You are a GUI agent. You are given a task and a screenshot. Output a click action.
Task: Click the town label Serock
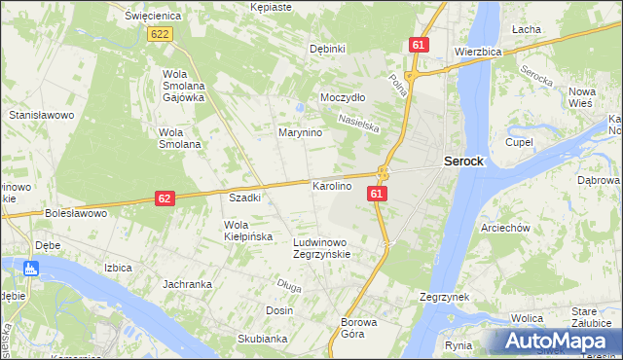tap(463, 162)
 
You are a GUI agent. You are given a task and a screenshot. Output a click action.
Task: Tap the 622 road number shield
tap(161, 34)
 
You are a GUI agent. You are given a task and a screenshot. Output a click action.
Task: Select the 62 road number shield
tap(165, 198)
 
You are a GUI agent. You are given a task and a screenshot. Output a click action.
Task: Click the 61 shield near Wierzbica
tap(420, 46)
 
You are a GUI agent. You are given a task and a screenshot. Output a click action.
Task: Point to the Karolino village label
tap(331, 185)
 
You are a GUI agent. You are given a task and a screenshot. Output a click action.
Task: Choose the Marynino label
tap(300, 132)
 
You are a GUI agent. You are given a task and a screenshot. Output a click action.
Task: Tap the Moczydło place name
tap(343, 98)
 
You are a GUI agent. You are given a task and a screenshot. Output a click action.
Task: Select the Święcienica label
tap(134, 17)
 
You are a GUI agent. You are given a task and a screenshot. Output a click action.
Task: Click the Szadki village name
tap(244, 198)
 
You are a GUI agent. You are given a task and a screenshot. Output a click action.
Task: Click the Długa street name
tap(289, 285)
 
